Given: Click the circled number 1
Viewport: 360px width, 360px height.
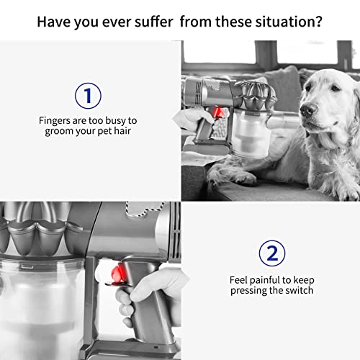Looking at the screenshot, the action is [x=88, y=96].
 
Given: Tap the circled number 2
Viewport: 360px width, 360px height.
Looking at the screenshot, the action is [x=272, y=253].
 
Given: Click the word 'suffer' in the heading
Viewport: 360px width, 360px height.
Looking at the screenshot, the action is [x=153, y=22].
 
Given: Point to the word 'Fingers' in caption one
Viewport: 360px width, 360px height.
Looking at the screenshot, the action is [x=54, y=121].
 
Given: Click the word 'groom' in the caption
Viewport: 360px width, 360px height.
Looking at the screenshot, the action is [x=59, y=132].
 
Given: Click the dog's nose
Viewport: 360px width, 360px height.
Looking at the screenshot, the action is [x=308, y=109].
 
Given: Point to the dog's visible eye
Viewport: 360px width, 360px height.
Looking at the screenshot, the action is [x=335, y=88].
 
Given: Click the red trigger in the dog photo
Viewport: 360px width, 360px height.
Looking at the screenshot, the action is [x=218, y=112].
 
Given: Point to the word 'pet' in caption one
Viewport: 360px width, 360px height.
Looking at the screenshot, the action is [x=104, y=132].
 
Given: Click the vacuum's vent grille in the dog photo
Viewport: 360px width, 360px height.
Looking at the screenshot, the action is [x=199, y=92].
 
